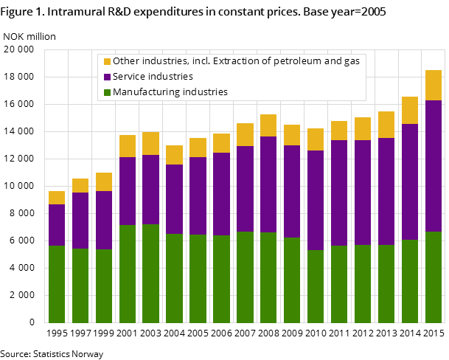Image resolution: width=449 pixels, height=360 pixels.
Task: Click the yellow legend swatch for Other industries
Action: click(x=107, y=61)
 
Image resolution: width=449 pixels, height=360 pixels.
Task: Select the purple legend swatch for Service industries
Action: click(x=107, y=77)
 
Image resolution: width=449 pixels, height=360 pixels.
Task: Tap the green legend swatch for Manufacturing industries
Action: click(x=107, y=92)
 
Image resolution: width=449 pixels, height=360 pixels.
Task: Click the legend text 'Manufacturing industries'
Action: click(x=170, y=92)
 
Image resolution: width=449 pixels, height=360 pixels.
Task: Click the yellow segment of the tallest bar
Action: click(x=434, y=85)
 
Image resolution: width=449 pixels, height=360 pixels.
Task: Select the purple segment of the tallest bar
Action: click(x=434, y=166)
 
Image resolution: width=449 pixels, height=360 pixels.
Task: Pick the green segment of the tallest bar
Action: click(x=434, y=277)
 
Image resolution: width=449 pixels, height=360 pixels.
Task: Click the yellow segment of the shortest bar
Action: click(x=57, y=198)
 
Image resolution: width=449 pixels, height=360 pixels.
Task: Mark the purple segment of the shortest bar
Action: click(x=57, y=225)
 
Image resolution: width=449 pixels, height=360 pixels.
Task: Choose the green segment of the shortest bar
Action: click(x=57, y=284)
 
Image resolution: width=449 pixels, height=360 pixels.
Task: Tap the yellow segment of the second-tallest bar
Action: click(x=410, y=110)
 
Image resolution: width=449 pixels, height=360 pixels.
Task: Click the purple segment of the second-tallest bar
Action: click(x=410, y=181)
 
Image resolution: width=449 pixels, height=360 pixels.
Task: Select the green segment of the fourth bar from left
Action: click(x=128, y=274)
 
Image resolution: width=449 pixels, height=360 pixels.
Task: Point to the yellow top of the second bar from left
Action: click(x=80, y=185)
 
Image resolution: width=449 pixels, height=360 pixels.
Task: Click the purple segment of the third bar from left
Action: click(x=104, y=220)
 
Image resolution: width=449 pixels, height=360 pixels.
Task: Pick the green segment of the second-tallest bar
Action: click(x=410, y=281)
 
